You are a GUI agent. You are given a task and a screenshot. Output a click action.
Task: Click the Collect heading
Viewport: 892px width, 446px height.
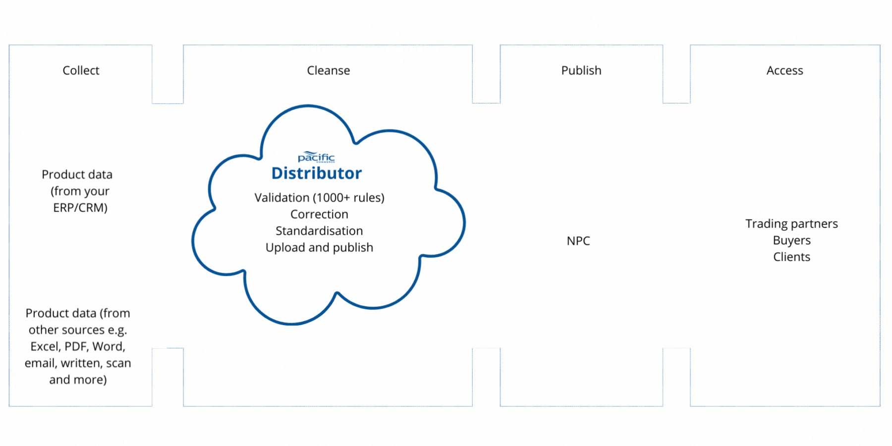(x=81, y=70)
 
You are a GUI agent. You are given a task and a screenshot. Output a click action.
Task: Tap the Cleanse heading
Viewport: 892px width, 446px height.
(x=328, y=70)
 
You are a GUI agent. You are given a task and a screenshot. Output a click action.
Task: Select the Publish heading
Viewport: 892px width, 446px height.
(x=581, y=70)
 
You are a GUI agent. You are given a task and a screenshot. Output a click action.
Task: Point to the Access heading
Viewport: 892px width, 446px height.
(x=784, y=70)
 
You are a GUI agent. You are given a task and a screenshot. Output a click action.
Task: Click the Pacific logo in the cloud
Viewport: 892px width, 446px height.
(x=316, y=157)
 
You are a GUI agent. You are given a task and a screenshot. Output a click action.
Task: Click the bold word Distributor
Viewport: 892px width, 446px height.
(x=317, y=173)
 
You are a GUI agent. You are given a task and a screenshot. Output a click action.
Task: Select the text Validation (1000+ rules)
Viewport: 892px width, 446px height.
(x=319, y=198)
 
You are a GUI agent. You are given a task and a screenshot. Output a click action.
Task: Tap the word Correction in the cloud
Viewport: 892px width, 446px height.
(x=319, y=214)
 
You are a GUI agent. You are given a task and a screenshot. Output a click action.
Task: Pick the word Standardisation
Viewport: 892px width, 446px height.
(x=319, y=231)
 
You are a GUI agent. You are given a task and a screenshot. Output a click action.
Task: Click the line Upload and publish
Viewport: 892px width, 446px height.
(x=319, y=247)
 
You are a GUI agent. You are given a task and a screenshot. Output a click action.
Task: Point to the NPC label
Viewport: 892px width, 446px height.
(x=578, y=241)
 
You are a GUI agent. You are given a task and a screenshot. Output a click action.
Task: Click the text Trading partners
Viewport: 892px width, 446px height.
(x=791, y=224)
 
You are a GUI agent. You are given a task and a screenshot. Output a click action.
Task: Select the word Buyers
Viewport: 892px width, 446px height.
(x=791, y=240)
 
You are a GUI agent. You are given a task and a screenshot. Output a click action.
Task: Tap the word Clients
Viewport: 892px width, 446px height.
(x=791, y=257)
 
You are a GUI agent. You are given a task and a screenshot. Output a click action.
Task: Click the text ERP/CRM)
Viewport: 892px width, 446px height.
(x=80, y=208)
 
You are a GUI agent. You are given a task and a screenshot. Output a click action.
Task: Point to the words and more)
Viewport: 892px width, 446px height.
(x=78, y=380)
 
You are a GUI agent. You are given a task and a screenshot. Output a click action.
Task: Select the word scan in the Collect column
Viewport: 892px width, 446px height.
(x=118, y=363)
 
